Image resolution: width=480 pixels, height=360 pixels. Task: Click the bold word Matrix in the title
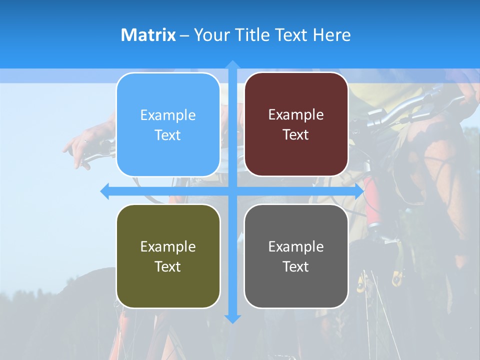(x=148, y=35)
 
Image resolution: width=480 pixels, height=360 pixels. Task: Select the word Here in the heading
(x=331, y=35)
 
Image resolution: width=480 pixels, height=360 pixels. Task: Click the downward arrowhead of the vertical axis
(x=232, y=318)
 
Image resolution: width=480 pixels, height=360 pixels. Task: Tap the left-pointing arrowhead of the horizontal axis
(x=105, y=191)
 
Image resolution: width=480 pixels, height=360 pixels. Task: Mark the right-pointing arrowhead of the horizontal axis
(x=359, y=191)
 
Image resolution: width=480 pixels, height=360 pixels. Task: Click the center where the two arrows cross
(x=232, y=191)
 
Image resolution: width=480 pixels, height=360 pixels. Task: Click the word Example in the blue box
(x=168, y=115)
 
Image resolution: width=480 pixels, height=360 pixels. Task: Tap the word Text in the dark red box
(x=296, y=135)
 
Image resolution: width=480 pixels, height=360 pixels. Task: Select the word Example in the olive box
(x=168, y=246)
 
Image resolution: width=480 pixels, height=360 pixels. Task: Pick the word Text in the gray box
(x=296, y=266)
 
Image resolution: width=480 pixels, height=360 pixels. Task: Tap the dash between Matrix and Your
(x=184, y=35)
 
